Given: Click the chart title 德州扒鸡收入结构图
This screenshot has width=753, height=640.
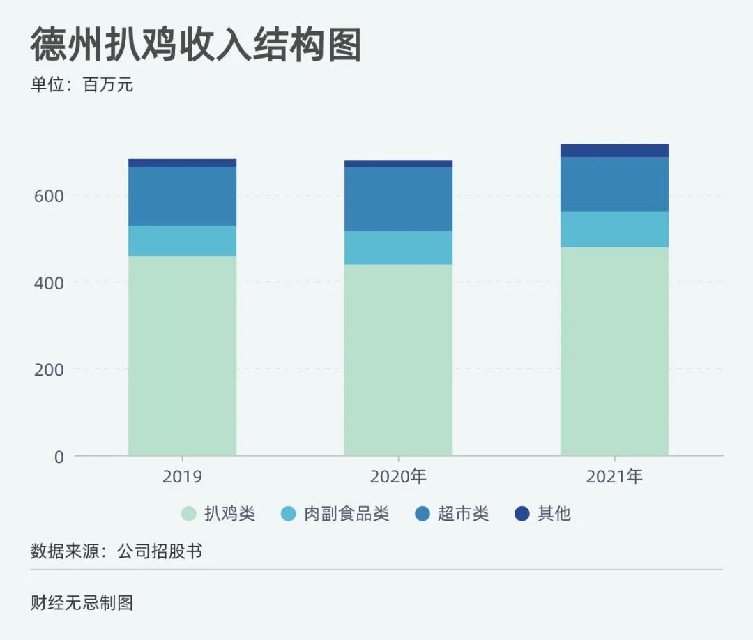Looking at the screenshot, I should [x=196, y=46].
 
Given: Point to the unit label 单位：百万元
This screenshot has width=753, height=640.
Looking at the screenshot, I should [x=82, y=86].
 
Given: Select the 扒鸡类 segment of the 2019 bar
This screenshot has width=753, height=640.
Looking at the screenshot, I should [x=182, y=356].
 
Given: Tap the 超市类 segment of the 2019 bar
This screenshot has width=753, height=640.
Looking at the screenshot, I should [x=182, y=196].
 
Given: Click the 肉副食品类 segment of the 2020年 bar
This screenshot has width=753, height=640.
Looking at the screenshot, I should [x=398, y=247].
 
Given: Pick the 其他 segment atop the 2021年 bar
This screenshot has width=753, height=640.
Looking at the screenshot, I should [x=614, y=151].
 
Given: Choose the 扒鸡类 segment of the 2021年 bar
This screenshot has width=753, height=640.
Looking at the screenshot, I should [x=614, y=351].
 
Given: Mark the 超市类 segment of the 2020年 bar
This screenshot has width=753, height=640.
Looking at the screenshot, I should [x=398, y=199].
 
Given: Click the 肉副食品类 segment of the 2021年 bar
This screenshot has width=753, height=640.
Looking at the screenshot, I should [x=614, y=229].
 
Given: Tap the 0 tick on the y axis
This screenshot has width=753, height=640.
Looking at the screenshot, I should [x=59, y=457].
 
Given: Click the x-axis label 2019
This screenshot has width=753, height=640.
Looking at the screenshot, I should [x=182, y=478].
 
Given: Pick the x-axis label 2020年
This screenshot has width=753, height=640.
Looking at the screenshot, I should [x=398, y=478].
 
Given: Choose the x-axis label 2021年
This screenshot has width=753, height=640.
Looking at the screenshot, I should [x=614, y=478].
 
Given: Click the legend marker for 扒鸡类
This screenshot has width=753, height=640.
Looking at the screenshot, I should [x=189, y=515].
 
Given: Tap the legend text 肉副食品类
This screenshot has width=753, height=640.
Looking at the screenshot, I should [x=347, y=515].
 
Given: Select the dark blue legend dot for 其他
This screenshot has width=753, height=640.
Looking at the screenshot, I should [x=522, y=515].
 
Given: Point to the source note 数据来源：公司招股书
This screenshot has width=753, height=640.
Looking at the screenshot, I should [x=116, y=551].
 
